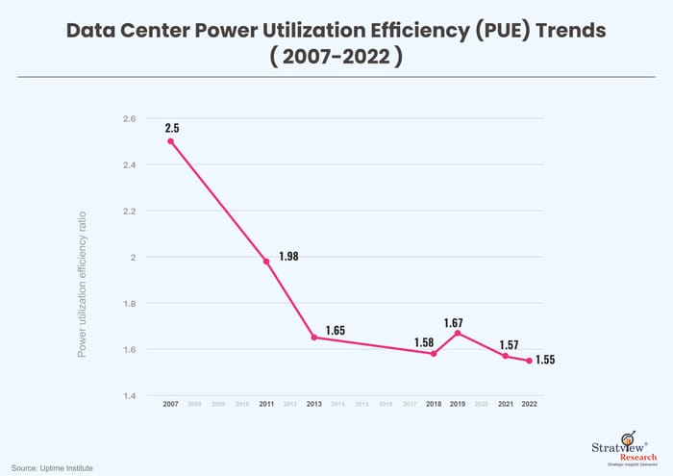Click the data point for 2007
click(x=171, y=141)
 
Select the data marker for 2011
click(x=266, y=261)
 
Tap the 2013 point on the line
click(x=314, y=338)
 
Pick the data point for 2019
click(x=458, y=333)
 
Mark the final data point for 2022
click(x=529, y=361)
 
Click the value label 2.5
click(x=172, y=127)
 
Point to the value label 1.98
click(x=289, y=256)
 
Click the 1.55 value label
click(x=544, y=361)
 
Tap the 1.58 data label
click(x=425, y=342)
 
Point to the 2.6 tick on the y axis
click(x=129, y=119)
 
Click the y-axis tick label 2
click(x=133, y=258)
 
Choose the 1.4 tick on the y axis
click(x=129, y=396)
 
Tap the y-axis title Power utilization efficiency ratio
click(x=83, y=284)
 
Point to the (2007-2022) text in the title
click(x=336, y=58)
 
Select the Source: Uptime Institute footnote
click(x=53, y=466)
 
